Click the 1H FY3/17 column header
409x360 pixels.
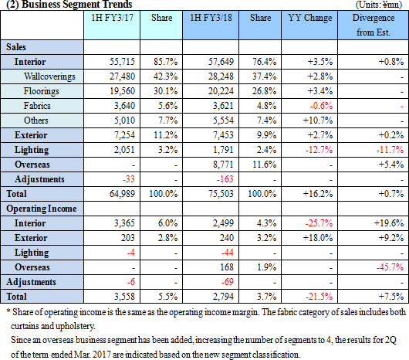click(x=112, y=18)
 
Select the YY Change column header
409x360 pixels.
click(x=310, y=18)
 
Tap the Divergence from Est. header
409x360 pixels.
click(x=374, y=25)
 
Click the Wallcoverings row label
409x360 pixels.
click(x=49, y=76)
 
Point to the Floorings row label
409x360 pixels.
click(x=41, y=91)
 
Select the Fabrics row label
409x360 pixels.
click(x=37, y=106)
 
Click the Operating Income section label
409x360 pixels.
click(x=42, y=209)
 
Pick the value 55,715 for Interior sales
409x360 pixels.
click(x=122, y=62)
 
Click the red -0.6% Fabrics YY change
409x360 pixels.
click(x=321, y=106)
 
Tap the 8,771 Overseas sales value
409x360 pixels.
click(x=223, y=165)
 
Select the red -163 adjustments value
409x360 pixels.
click(x=225, y=179)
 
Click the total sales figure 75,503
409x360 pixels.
click(x=221, y=194)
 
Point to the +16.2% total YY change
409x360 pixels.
click(x=318, y=194)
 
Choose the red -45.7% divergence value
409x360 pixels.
click(x=390, y=267)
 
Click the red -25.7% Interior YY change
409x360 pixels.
click(x=319, y=223)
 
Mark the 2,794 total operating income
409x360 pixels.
click(x=223, y=297)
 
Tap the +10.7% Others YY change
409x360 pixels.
click(x=318, y=121)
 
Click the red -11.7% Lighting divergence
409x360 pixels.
click(x=390, y=150)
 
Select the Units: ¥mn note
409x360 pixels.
click(x=379, y=5)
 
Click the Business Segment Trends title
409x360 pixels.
click(x=69, y=5)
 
